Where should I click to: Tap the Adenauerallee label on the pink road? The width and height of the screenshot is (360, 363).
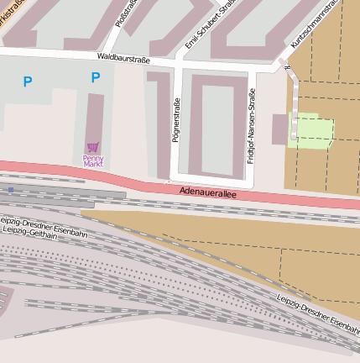[208, 192]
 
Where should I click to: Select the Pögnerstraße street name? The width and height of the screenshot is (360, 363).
[175, 120]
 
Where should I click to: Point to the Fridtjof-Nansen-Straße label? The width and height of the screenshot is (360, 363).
[250, 125]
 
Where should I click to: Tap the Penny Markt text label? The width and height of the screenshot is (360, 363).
[93, 160]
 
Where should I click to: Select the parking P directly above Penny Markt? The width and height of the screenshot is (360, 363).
[95, 78]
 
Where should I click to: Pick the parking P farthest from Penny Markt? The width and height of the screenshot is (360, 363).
[28, 82]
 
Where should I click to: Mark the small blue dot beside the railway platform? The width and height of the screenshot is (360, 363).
[10, 190]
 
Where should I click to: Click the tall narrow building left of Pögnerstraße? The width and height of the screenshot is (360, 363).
[159, 122]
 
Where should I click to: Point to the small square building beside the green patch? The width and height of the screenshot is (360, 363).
[279, 128]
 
